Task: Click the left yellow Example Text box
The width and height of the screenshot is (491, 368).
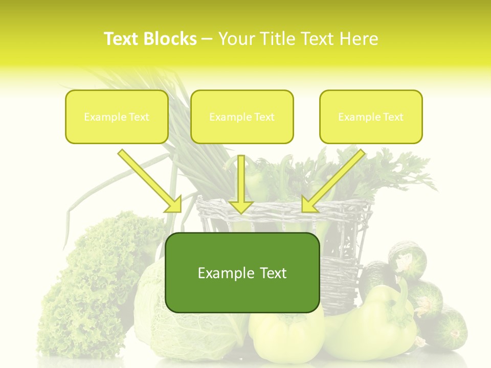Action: pos(117,117)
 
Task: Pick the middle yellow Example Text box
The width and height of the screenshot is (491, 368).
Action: pos(242,117)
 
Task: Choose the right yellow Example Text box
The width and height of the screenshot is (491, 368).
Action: pos(371,117)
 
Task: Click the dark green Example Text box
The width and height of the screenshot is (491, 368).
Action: pos(242,272)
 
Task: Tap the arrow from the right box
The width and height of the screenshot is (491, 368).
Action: pos(332,181)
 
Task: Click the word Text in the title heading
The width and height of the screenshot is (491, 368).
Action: pos(123,39)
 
